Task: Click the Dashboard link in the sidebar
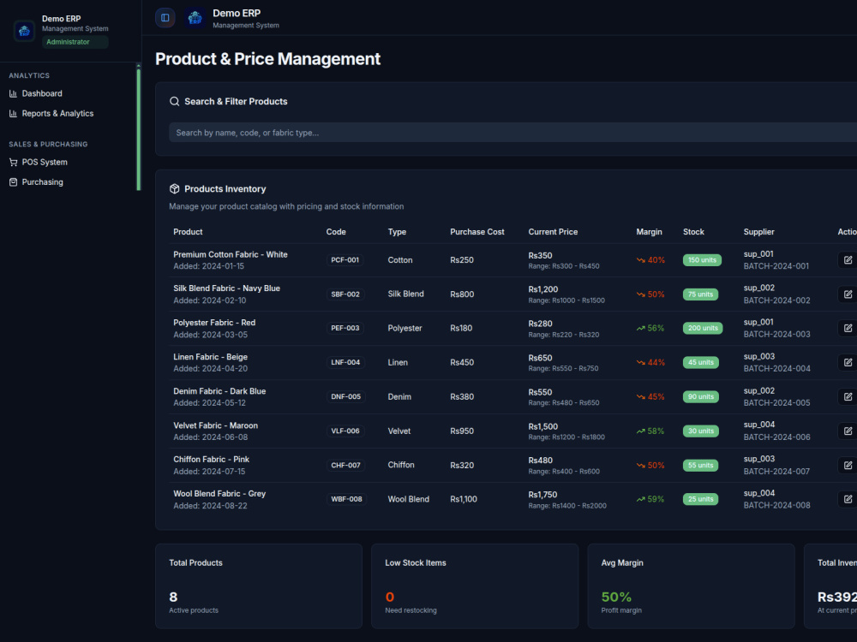[x=35, y=93]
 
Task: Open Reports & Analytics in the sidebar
[x=51, y=114]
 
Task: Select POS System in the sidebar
[x=39, y=162]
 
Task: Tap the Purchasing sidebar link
[x=36, y=181]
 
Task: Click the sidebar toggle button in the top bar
[x=165, y=17]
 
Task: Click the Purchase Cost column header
[x=477, y=232]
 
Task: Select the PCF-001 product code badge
[x=345, y=260]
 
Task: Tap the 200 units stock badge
[x=703, y=328]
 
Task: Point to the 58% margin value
[x=656, y=431]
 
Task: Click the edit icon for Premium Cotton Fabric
[x=848, y=260]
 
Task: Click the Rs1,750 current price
[x=542, y=495]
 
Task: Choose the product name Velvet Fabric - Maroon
[x=215, y=425]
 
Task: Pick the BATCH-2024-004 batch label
[x=776, y=368]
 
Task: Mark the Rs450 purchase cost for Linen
[x=462, y=362]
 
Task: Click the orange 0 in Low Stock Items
[x=390, y=597]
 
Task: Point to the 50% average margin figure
[x=616, y=597]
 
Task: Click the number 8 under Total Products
[x=173, y=597]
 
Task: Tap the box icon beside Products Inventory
[x=174, y=189]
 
